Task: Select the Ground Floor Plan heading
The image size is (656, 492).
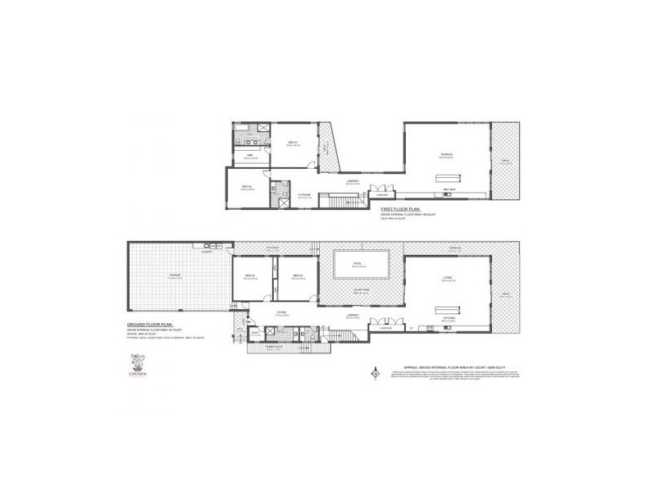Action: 148,325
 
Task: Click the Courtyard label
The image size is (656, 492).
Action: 361,289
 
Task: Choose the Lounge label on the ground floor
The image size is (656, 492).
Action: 448,277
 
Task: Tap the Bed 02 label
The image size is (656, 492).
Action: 247,187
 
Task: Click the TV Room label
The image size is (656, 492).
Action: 304,194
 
